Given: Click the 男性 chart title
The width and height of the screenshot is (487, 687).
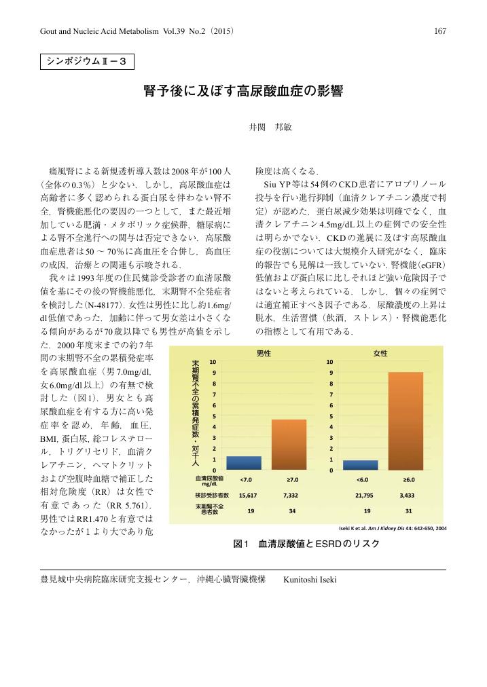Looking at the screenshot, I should click(x=264, y=353).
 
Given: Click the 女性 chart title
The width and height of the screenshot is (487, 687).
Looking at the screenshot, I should click(x=380, y=353).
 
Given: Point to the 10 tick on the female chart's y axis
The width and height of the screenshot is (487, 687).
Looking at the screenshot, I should click(x=331, y=362).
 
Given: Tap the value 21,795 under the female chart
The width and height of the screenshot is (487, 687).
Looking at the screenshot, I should click(x=367, y=495).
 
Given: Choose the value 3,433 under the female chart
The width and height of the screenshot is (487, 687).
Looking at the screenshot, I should click(x=408, y=495).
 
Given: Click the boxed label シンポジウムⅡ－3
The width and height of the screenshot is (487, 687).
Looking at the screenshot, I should click(x=86, y=62).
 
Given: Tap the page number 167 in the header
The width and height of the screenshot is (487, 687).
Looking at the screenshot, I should click(x=439, y=30).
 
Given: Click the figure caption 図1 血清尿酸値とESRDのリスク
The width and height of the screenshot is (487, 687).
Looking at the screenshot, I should click(x=306, y=544).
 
